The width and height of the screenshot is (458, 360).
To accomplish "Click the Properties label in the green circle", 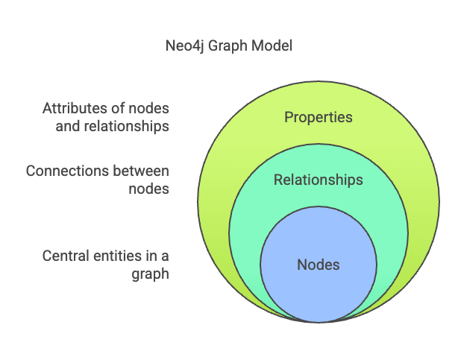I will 319,117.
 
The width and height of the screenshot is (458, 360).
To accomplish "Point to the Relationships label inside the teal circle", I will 319,180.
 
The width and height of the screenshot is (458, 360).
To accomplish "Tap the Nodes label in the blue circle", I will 319,265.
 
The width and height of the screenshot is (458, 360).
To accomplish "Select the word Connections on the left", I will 64,171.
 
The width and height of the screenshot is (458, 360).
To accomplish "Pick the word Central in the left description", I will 66,256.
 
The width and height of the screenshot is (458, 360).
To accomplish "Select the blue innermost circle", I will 319,287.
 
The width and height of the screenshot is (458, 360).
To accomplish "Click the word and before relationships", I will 68,126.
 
